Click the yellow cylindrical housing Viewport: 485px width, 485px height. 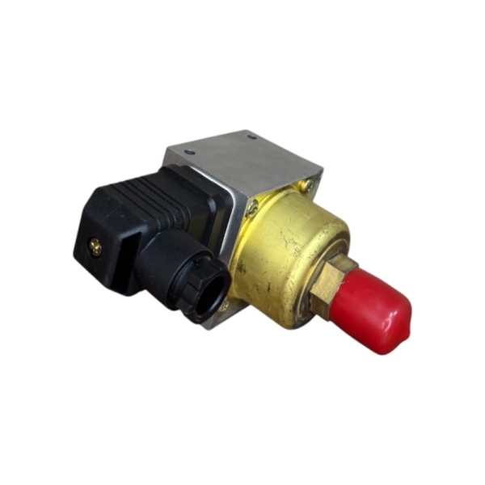coord(279,251)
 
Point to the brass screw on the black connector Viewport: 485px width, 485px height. coord(96,248)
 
